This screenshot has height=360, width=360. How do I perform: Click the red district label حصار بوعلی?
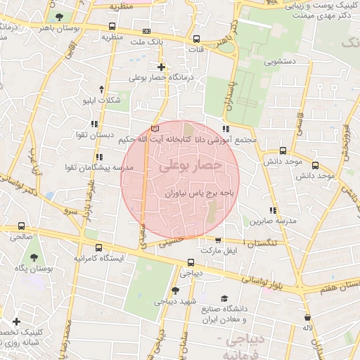point(191,167)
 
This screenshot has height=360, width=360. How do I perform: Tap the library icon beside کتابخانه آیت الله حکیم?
point(155,129)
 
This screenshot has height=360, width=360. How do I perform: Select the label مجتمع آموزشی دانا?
point(226,140)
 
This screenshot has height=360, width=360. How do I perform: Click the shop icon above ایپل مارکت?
point(219,240)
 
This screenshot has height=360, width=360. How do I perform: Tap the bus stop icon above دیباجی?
point(191,263)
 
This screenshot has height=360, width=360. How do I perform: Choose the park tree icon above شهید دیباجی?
point(174,290)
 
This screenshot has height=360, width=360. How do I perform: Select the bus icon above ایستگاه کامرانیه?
point(98,247)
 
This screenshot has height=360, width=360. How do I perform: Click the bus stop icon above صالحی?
point(21,226)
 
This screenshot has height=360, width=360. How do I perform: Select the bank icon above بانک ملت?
point(146,32)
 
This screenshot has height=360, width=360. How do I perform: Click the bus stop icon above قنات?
point(196,39)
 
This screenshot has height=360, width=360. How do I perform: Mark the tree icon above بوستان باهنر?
point(58,17)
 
